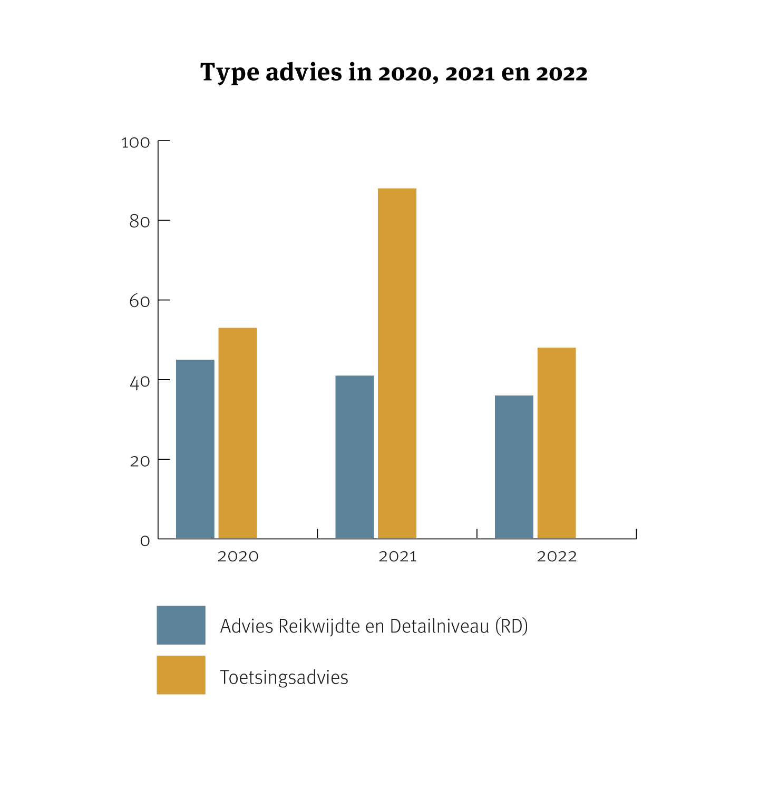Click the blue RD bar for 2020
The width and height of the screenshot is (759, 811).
(x=195, y=449)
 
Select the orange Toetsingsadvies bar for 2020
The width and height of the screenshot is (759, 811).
(x=238, y=433)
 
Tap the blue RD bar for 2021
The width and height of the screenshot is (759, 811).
(x=355, y=457)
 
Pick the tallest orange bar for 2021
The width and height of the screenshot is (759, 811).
(x=397, y=363)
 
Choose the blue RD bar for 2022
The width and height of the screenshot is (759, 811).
(x=514, y=467)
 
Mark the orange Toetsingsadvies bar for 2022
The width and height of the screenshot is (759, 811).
(x=557, y=443)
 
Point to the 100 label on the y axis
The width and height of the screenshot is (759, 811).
(x=135, y=143)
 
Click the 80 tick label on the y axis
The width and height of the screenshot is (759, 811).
(x=140, y=222)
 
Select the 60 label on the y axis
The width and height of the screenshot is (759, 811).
(x=140, y=301)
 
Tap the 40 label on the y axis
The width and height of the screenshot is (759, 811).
(x=140, y=382)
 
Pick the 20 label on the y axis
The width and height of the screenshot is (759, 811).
(x=140, y=461)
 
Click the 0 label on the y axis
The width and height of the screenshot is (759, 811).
(x=145, y=541)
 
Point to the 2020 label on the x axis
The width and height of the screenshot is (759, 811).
(x=238, y=557)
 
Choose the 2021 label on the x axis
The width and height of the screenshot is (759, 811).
(x=397, y=557)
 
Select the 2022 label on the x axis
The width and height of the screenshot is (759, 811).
(x=557, y=557)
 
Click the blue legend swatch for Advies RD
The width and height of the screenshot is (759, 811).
(x=181, y=625)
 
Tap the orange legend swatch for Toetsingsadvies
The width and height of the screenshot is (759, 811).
(x=181, y=675)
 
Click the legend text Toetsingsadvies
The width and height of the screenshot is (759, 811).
(x=284, y=677)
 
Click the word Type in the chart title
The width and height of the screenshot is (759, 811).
(x=230, y=73)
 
